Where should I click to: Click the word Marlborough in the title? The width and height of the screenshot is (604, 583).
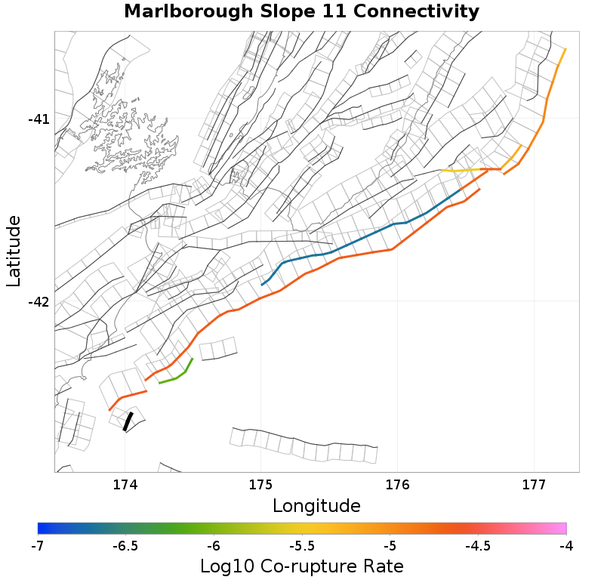187,12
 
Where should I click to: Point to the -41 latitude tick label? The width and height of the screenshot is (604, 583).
39,119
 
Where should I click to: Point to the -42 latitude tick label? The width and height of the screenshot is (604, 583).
39,302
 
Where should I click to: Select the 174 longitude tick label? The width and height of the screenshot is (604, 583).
125,484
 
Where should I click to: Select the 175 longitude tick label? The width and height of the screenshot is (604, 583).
260,484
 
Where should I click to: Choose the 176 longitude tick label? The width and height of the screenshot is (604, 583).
397,484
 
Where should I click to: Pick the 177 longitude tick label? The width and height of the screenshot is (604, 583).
534,484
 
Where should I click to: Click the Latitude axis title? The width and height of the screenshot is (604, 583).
14,251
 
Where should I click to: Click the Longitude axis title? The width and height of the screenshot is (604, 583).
316,505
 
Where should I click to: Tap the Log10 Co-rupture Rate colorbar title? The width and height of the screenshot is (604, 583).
302,566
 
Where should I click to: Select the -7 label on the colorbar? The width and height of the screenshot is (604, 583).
38,545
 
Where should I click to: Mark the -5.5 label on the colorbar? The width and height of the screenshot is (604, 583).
302,545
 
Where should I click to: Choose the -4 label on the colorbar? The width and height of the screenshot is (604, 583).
566,545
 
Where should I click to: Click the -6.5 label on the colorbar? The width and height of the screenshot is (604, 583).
125,545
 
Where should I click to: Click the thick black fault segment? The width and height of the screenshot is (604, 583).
128,421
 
